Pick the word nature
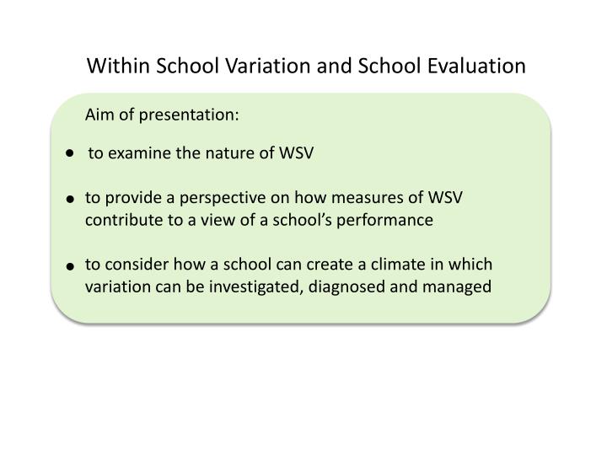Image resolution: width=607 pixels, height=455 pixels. click(217, 153)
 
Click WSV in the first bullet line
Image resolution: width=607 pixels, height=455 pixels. click(297, 153)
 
